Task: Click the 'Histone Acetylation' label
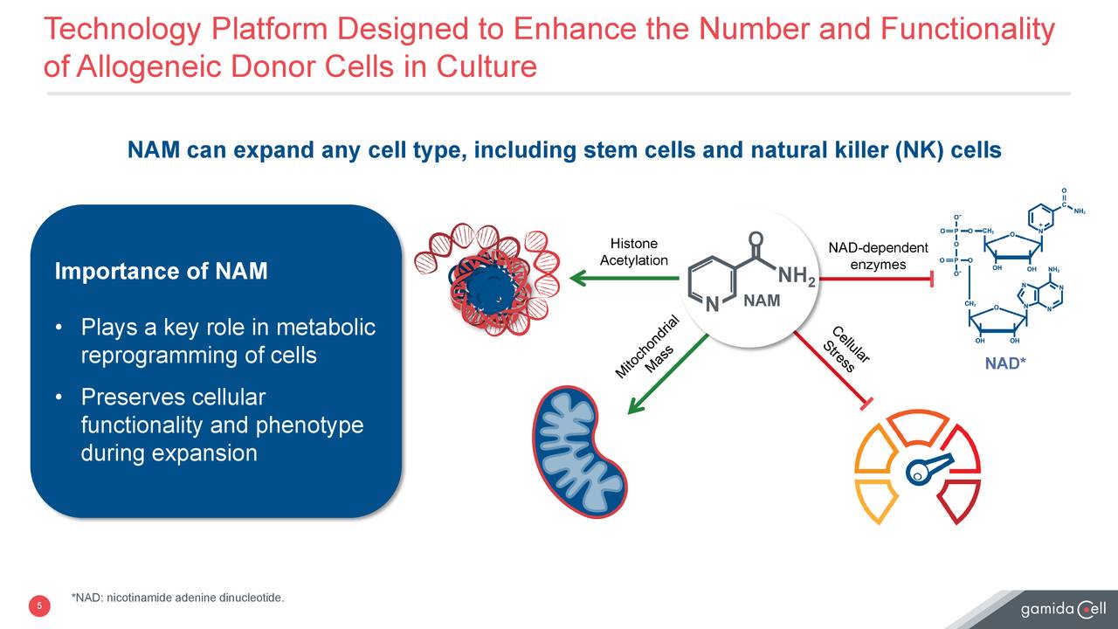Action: (x=633, y=252)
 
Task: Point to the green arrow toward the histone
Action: (x=624, y=279)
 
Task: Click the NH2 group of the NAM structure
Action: (x=797, y=277)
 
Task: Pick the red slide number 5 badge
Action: (x=39, y=606)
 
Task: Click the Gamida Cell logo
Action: (x=1063, y=608)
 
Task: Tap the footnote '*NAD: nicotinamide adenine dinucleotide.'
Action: (x=177, y=598)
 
